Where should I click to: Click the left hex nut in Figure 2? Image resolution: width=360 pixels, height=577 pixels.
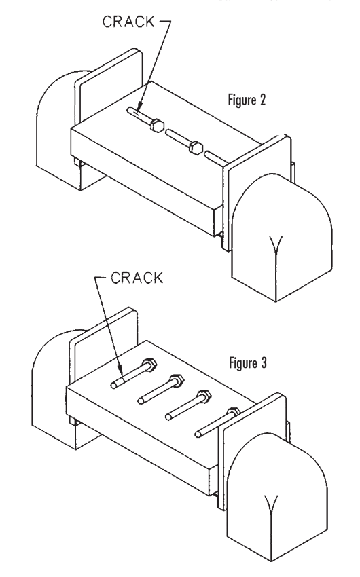[x=156, y=125]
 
